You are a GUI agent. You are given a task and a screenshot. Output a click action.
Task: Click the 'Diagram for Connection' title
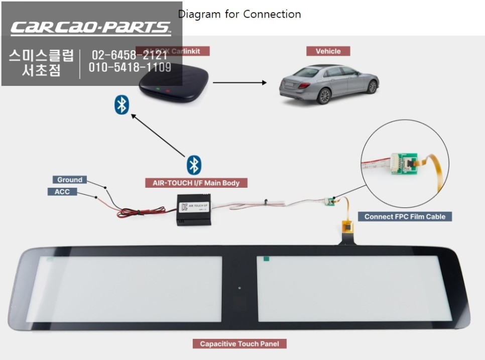pyautogui.click(x=239, y=14)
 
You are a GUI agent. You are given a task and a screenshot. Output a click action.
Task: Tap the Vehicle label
pyautogui.click(x=328, y=51)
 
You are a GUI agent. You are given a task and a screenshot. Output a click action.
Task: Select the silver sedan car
pyautogui.click(x=329, y=82)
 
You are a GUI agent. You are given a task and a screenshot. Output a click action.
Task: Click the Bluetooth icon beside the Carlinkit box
pyautogui.click(x=122, y=104)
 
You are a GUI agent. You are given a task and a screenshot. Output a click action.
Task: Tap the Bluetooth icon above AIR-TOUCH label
pyautogui.click(x=194, y=165)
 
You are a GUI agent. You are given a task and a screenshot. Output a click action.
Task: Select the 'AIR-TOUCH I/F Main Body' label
pyautogui.click(x=196, y=183)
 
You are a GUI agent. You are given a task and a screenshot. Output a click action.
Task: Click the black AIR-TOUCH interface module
pyautogui.click(x=193, y=210)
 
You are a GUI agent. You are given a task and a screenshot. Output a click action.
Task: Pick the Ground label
pyautogui.click(x=70, y=180)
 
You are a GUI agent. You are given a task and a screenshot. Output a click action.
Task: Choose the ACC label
pyautogui.click(x=62, y=192)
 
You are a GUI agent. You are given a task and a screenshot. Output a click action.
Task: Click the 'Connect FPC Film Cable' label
pyautogui.click(x=405, y=216)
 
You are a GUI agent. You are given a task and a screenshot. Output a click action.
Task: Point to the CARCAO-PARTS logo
pyautogui.click(x=90, y=28)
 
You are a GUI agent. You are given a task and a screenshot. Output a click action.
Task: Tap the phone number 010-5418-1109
pyautogui.click(x=130, y=68)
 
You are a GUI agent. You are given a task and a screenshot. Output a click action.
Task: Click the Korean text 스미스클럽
pyautogui.click(x=41, y=55)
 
